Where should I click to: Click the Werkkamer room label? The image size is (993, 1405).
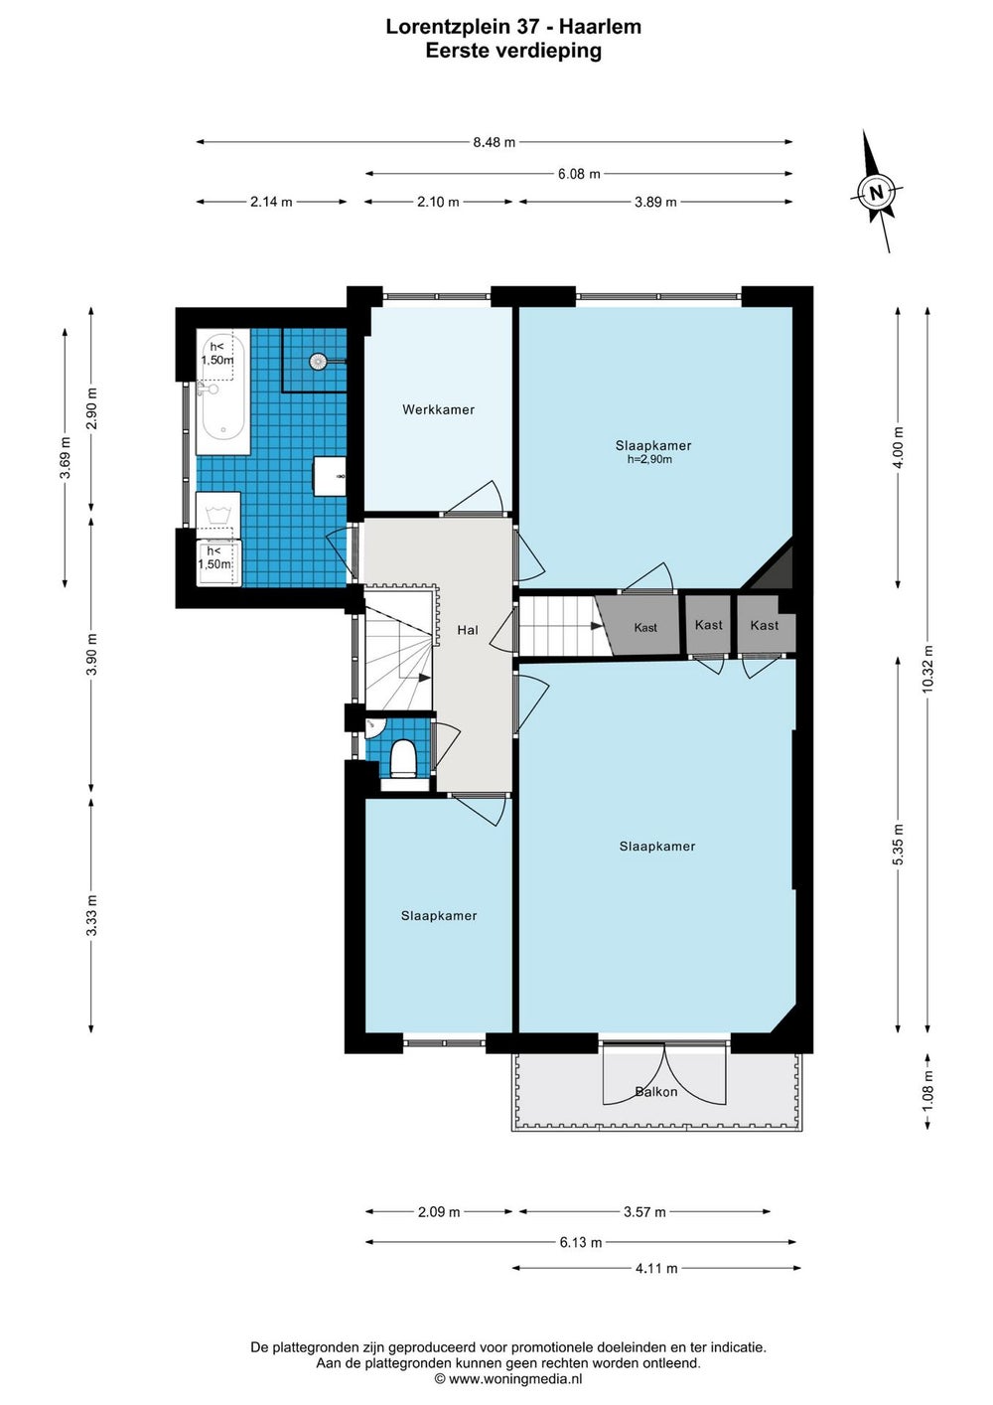point(438,410)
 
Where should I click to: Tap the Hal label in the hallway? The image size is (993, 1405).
point(468,630)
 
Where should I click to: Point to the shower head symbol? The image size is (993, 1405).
point(319,361)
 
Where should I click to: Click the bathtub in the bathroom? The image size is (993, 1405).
point(222,391)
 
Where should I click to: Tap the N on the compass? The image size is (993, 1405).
point(877,192)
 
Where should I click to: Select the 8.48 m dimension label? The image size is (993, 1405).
point(494,142)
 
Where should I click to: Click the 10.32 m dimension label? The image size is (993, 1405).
point(927,669)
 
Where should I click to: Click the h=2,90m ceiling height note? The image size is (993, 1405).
point(650,459)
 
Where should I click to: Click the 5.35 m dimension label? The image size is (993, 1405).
point(899,845)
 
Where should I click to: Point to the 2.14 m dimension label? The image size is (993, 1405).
point(271,202)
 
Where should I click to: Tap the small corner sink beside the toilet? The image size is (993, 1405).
point(372,728)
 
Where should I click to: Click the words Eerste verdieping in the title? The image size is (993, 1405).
point(513,50)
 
